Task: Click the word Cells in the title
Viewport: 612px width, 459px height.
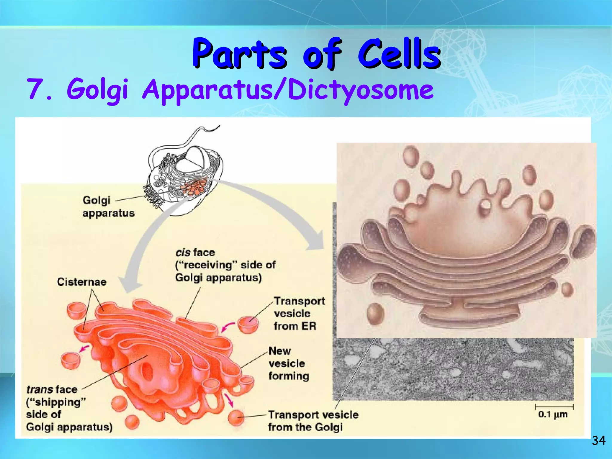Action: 399,54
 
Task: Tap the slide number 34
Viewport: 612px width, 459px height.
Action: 599,440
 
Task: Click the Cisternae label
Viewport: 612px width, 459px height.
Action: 82,282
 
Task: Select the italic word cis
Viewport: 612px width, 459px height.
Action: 183,253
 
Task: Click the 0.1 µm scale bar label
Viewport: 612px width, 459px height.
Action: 553,414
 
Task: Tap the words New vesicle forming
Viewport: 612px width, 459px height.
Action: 288,363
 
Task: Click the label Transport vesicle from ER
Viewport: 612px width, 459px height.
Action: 299,313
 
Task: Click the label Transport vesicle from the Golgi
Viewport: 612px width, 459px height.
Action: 313,421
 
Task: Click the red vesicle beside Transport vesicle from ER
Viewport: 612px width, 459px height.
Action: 248,325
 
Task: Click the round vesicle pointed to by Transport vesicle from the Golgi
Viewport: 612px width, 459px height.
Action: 236,417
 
